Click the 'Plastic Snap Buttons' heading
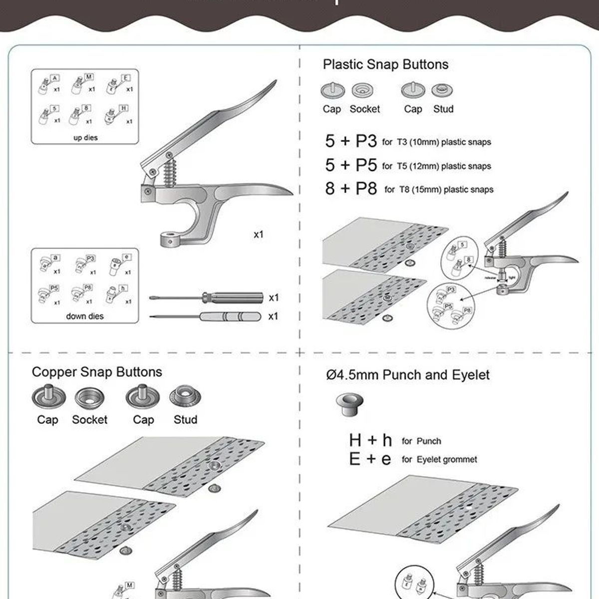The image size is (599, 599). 385,64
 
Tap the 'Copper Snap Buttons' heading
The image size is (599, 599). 97,372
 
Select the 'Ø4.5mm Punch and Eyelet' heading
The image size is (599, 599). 408,375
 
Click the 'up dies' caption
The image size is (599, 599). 85,137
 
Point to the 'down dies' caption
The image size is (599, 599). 85,316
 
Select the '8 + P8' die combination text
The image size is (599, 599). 351,189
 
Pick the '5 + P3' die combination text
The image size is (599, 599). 351,141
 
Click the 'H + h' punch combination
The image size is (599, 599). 370,440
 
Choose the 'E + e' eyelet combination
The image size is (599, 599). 370,459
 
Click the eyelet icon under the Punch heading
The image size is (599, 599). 349,402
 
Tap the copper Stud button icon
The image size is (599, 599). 185,397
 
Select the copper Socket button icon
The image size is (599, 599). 89,398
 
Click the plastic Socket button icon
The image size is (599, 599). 363,91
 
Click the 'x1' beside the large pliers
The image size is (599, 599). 258,234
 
